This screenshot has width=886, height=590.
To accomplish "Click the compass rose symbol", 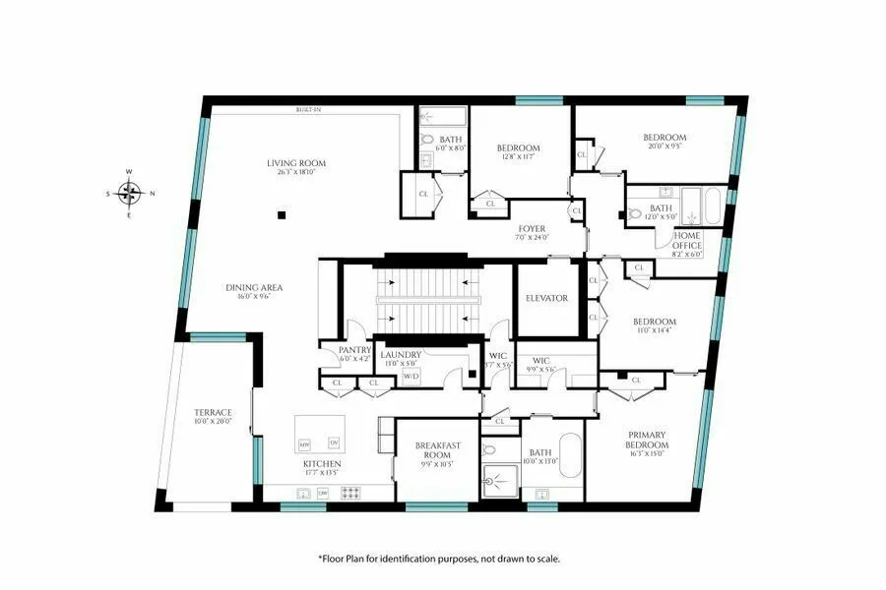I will [129, 193].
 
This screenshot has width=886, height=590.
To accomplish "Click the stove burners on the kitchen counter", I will [350, 493].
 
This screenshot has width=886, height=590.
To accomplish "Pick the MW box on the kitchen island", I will [304, 442].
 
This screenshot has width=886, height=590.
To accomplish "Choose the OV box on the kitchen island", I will [333, 442].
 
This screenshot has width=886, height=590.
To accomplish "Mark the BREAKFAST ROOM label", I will [437, 451].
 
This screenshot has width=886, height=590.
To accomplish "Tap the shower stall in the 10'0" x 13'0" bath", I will [500, 481].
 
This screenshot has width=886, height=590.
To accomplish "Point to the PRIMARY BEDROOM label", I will [647, 441].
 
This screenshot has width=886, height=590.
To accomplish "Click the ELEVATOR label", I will [546, 298].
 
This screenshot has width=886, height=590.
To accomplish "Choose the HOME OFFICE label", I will [687, 241].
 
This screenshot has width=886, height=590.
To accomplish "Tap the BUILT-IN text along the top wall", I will [308, 110].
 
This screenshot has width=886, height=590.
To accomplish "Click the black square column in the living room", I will [282, 213].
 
